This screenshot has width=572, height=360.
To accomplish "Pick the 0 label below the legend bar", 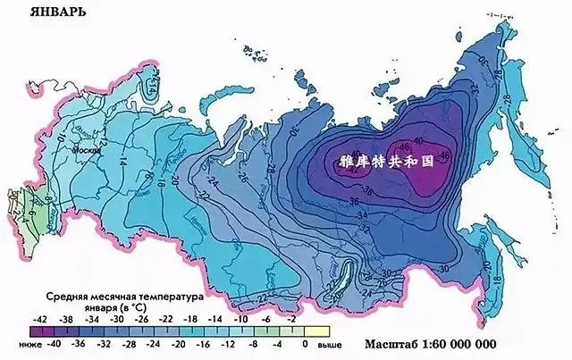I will click(306, 342).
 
